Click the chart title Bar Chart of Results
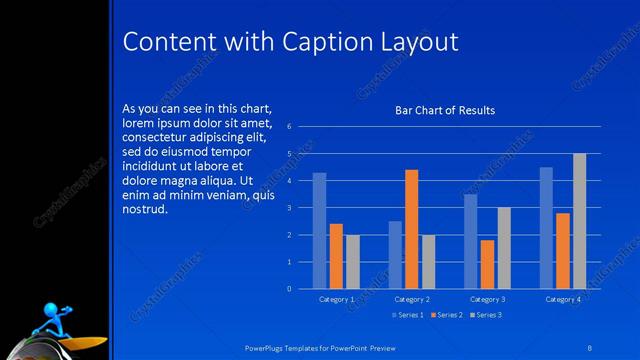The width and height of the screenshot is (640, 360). (445, 110)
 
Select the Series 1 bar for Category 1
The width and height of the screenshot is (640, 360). (319, 230)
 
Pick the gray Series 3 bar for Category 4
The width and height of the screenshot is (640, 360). (579, 221)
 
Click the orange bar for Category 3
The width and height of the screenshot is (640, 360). (487, 264)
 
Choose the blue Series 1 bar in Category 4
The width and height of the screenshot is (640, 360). (546, 228)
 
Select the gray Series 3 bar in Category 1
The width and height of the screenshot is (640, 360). (352, 262)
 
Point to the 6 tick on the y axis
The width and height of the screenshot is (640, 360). (288, 127)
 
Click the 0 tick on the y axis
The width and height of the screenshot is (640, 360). (288, 289)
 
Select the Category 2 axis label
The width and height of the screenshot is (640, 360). (411, 299)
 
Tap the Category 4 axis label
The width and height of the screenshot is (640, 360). (562, 299)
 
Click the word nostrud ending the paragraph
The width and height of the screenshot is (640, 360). (144, 210)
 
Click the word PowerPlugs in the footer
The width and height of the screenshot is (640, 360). (268, 346)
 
